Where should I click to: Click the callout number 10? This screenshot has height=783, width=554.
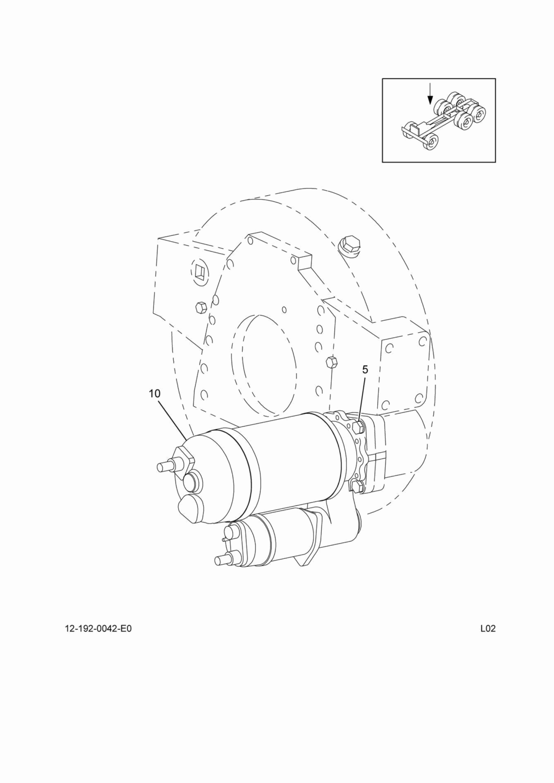(x=155, y=394)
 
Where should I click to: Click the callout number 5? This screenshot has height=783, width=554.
(x=365, y=370)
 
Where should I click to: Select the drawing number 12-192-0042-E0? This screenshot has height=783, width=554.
(x=98, y=629)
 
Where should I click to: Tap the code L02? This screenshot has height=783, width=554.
(x=488, y=629)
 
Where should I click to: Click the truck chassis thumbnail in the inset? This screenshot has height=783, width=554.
(x=444, y=123)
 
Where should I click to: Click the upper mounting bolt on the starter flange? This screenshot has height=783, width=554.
(x=358, y=427)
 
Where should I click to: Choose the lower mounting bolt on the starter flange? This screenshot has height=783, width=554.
(x=358, y=486)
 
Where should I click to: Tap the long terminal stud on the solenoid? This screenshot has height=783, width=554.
(x=221, y=559)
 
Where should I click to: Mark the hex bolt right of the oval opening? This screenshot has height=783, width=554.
(x=332, y=362)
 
